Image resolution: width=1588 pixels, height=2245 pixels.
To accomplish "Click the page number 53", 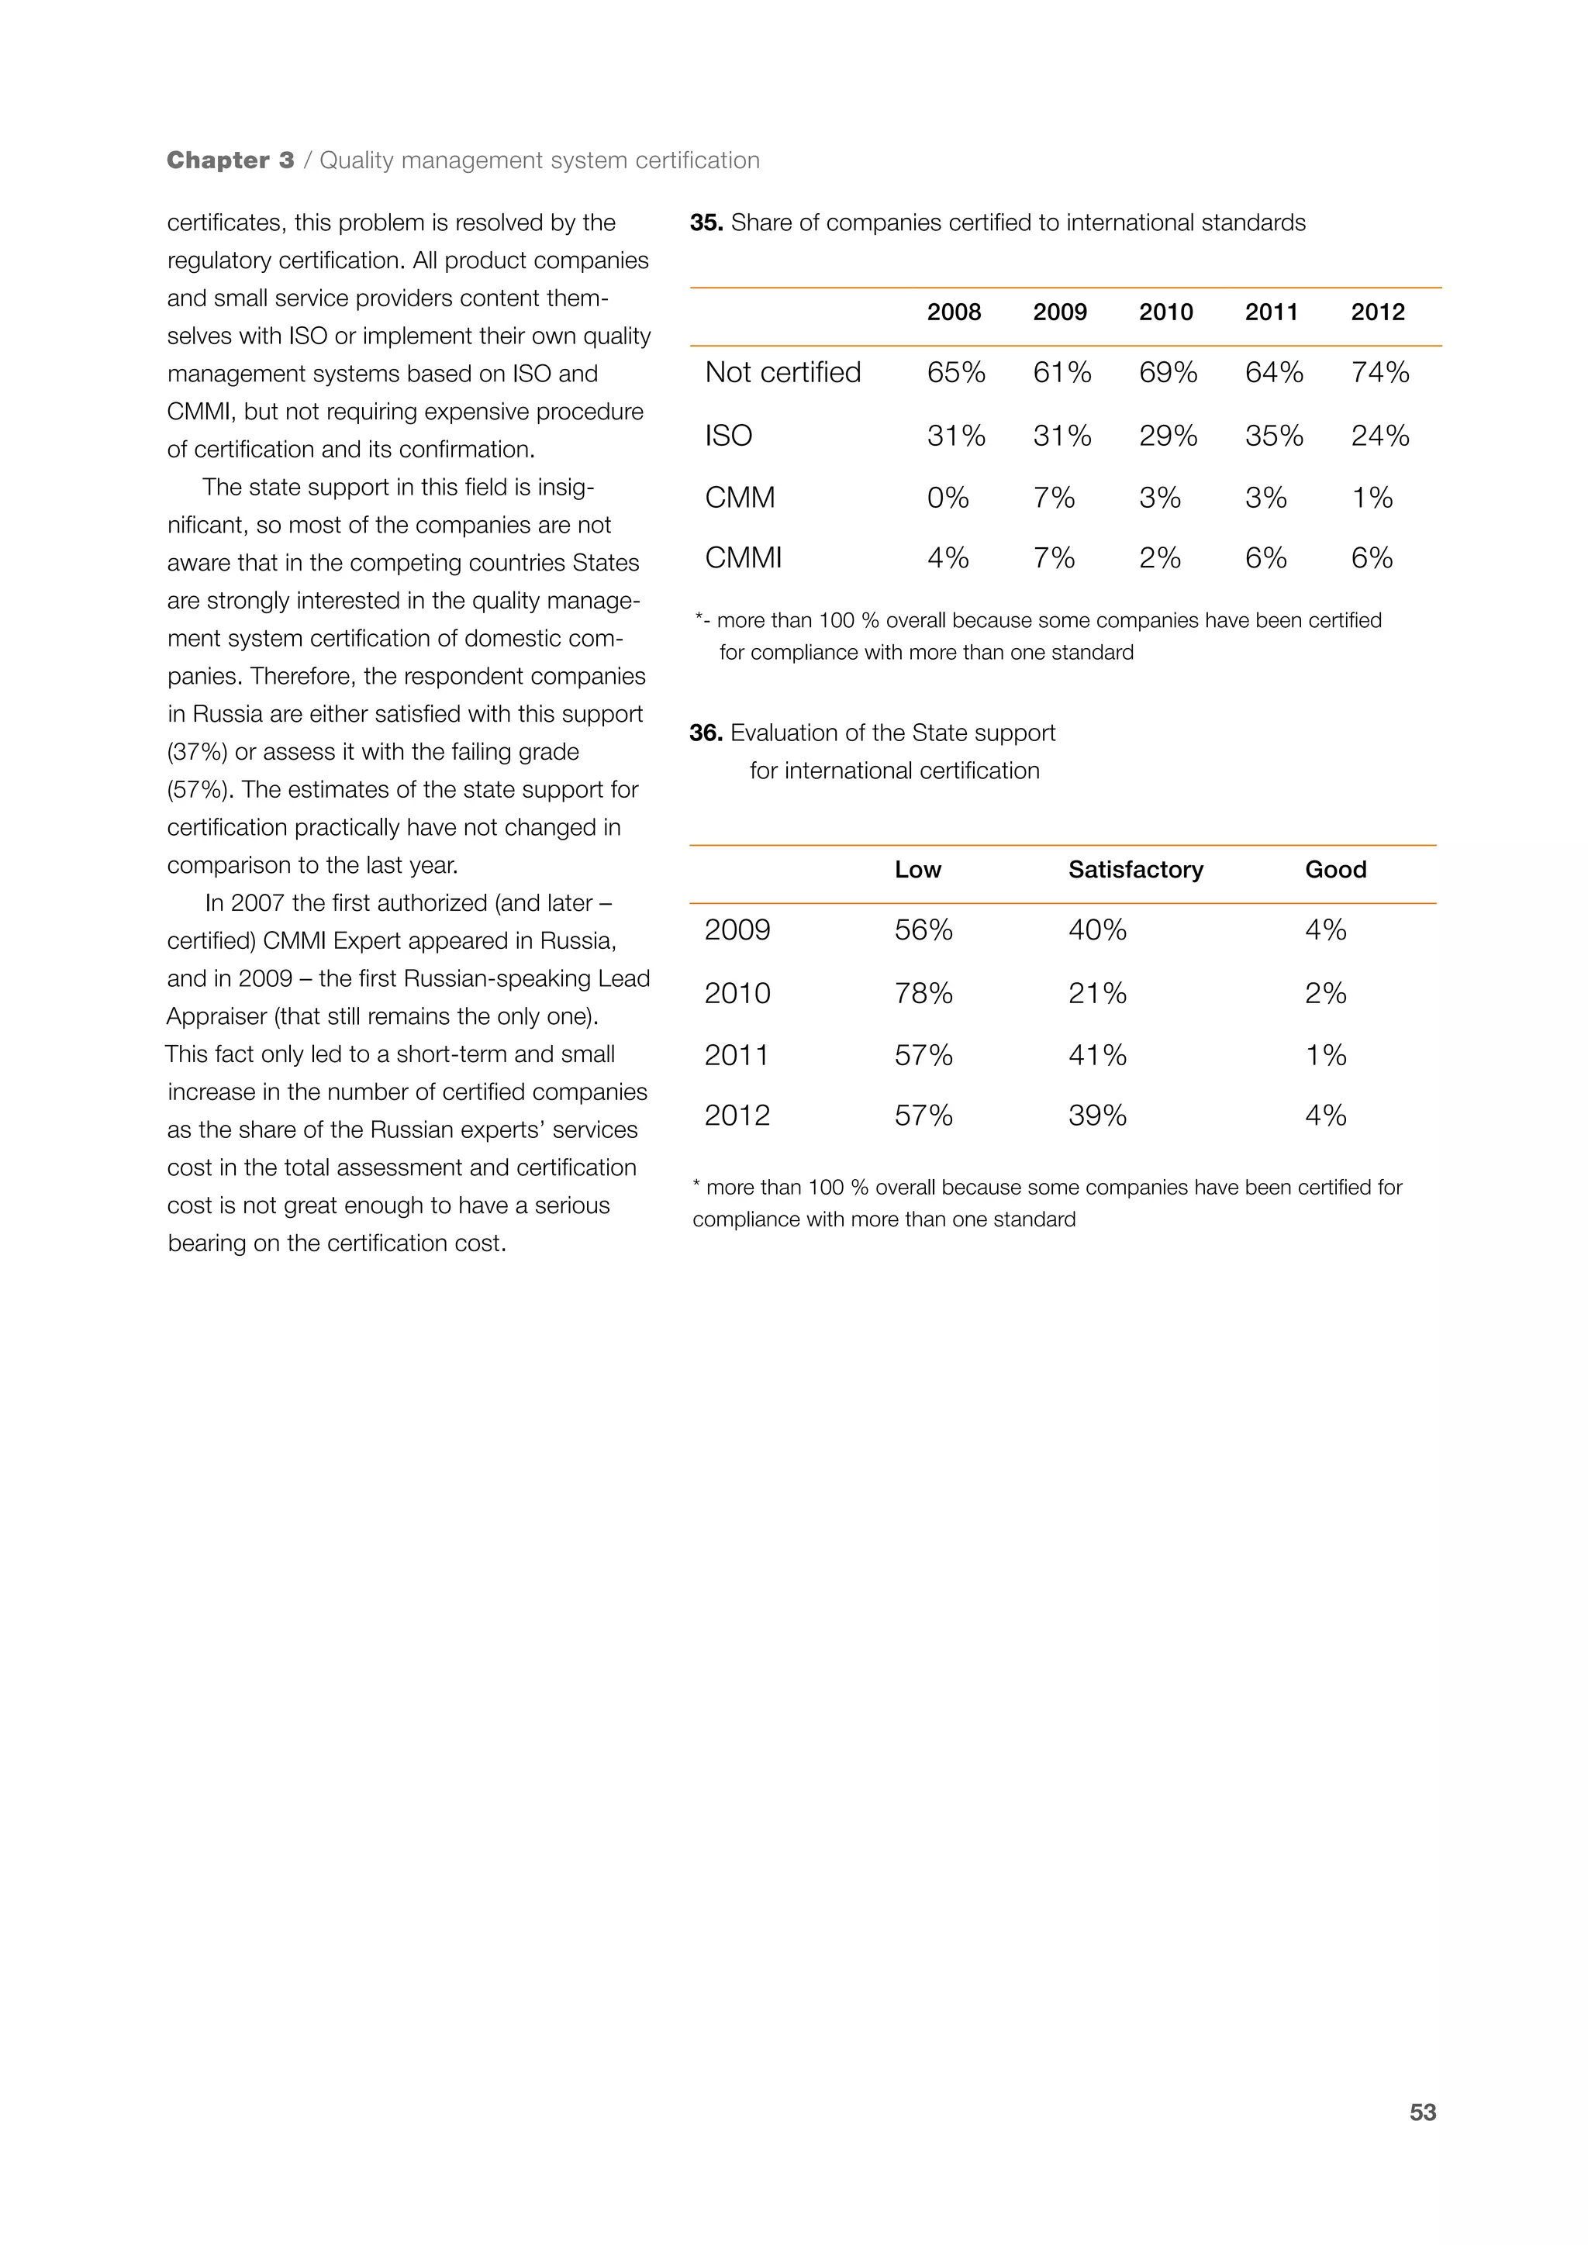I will coord(1422,2112).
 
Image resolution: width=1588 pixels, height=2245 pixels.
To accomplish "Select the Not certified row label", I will coord(782,373).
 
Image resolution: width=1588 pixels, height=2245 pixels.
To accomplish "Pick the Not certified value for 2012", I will coord(1379,373).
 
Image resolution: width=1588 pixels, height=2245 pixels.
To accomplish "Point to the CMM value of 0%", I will coord(947,498).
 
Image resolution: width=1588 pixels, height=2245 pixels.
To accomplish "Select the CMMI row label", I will coord(743,558).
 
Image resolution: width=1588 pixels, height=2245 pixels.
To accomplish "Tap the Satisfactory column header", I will coord(1135,869).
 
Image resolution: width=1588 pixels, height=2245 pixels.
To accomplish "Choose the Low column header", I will coord(917,869).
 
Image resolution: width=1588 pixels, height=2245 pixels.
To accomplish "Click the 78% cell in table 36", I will coord(923,994).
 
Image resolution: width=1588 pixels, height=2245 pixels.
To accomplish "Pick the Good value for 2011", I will coord(1325,1055).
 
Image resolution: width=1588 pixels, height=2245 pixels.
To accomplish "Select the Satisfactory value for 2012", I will coord(1097,1116).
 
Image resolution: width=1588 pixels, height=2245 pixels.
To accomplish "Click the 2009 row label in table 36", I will coord(737,930).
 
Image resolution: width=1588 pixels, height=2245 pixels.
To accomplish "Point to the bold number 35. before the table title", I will coord(706,223).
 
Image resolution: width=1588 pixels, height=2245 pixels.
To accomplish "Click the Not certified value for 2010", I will coord(1168,373).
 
